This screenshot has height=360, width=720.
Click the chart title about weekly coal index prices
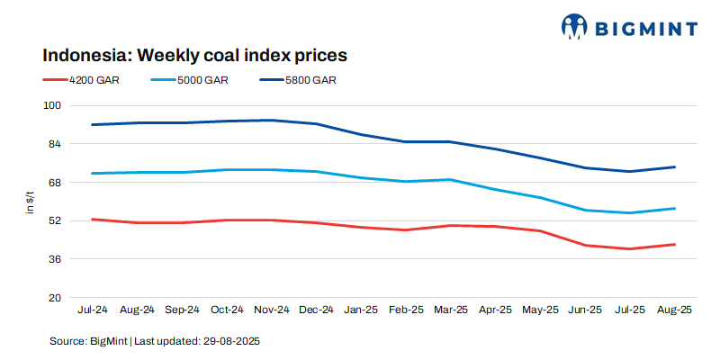195,55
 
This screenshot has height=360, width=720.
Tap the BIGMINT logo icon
573,27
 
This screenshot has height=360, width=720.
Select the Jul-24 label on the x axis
93,310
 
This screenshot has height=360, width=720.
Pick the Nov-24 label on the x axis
272,310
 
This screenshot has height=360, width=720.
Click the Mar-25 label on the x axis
450,310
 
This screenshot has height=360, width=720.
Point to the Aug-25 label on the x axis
674,310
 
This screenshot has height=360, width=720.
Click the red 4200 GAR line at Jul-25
629,248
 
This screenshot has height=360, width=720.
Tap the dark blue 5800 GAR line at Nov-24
272,120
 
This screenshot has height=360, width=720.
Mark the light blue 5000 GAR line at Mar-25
450,180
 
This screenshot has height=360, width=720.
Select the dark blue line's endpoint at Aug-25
674,166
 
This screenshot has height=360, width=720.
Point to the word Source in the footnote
67,342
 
